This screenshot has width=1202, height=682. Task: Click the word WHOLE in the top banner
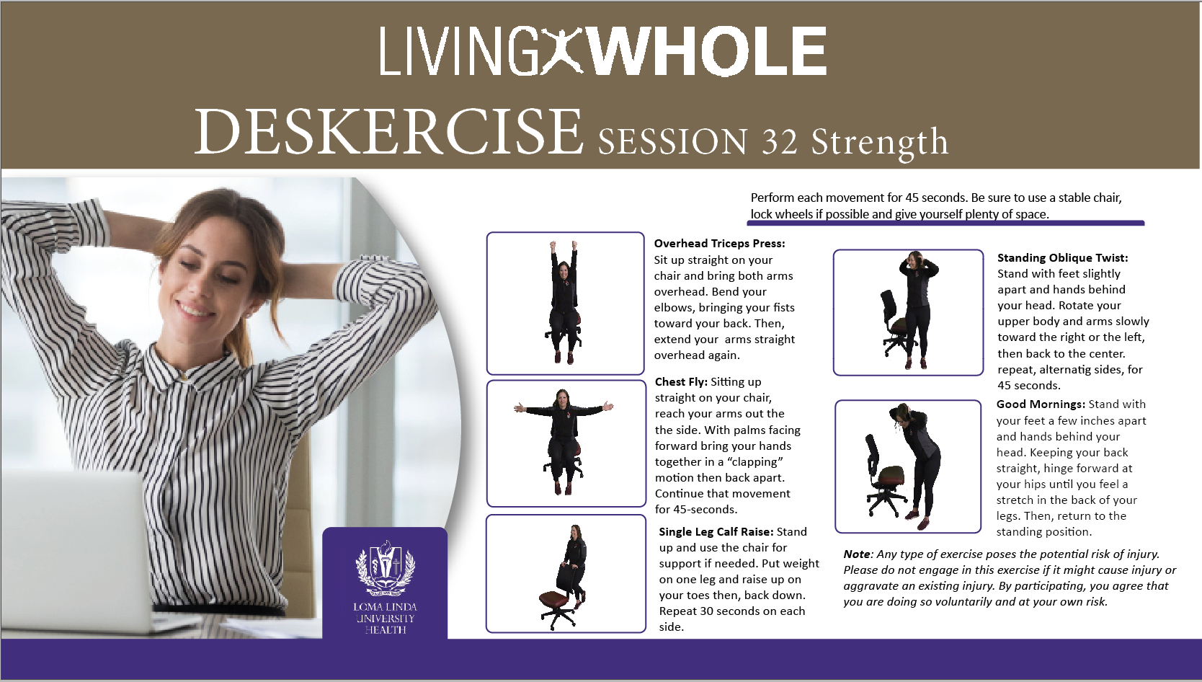pos(708,51)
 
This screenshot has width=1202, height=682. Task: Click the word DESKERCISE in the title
pos(388,131)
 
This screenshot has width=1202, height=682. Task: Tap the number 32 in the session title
pos(779,142)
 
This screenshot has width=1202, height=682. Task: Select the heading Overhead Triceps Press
pos(719,243)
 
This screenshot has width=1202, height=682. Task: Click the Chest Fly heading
pos(681,382)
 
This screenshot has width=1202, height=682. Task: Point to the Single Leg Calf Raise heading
pos(716,531)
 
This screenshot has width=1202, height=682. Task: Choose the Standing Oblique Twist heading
pos(1062,258)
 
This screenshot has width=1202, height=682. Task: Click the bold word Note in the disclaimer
pos(856,554)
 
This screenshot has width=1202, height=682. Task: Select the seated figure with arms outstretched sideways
pos(563,441)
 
